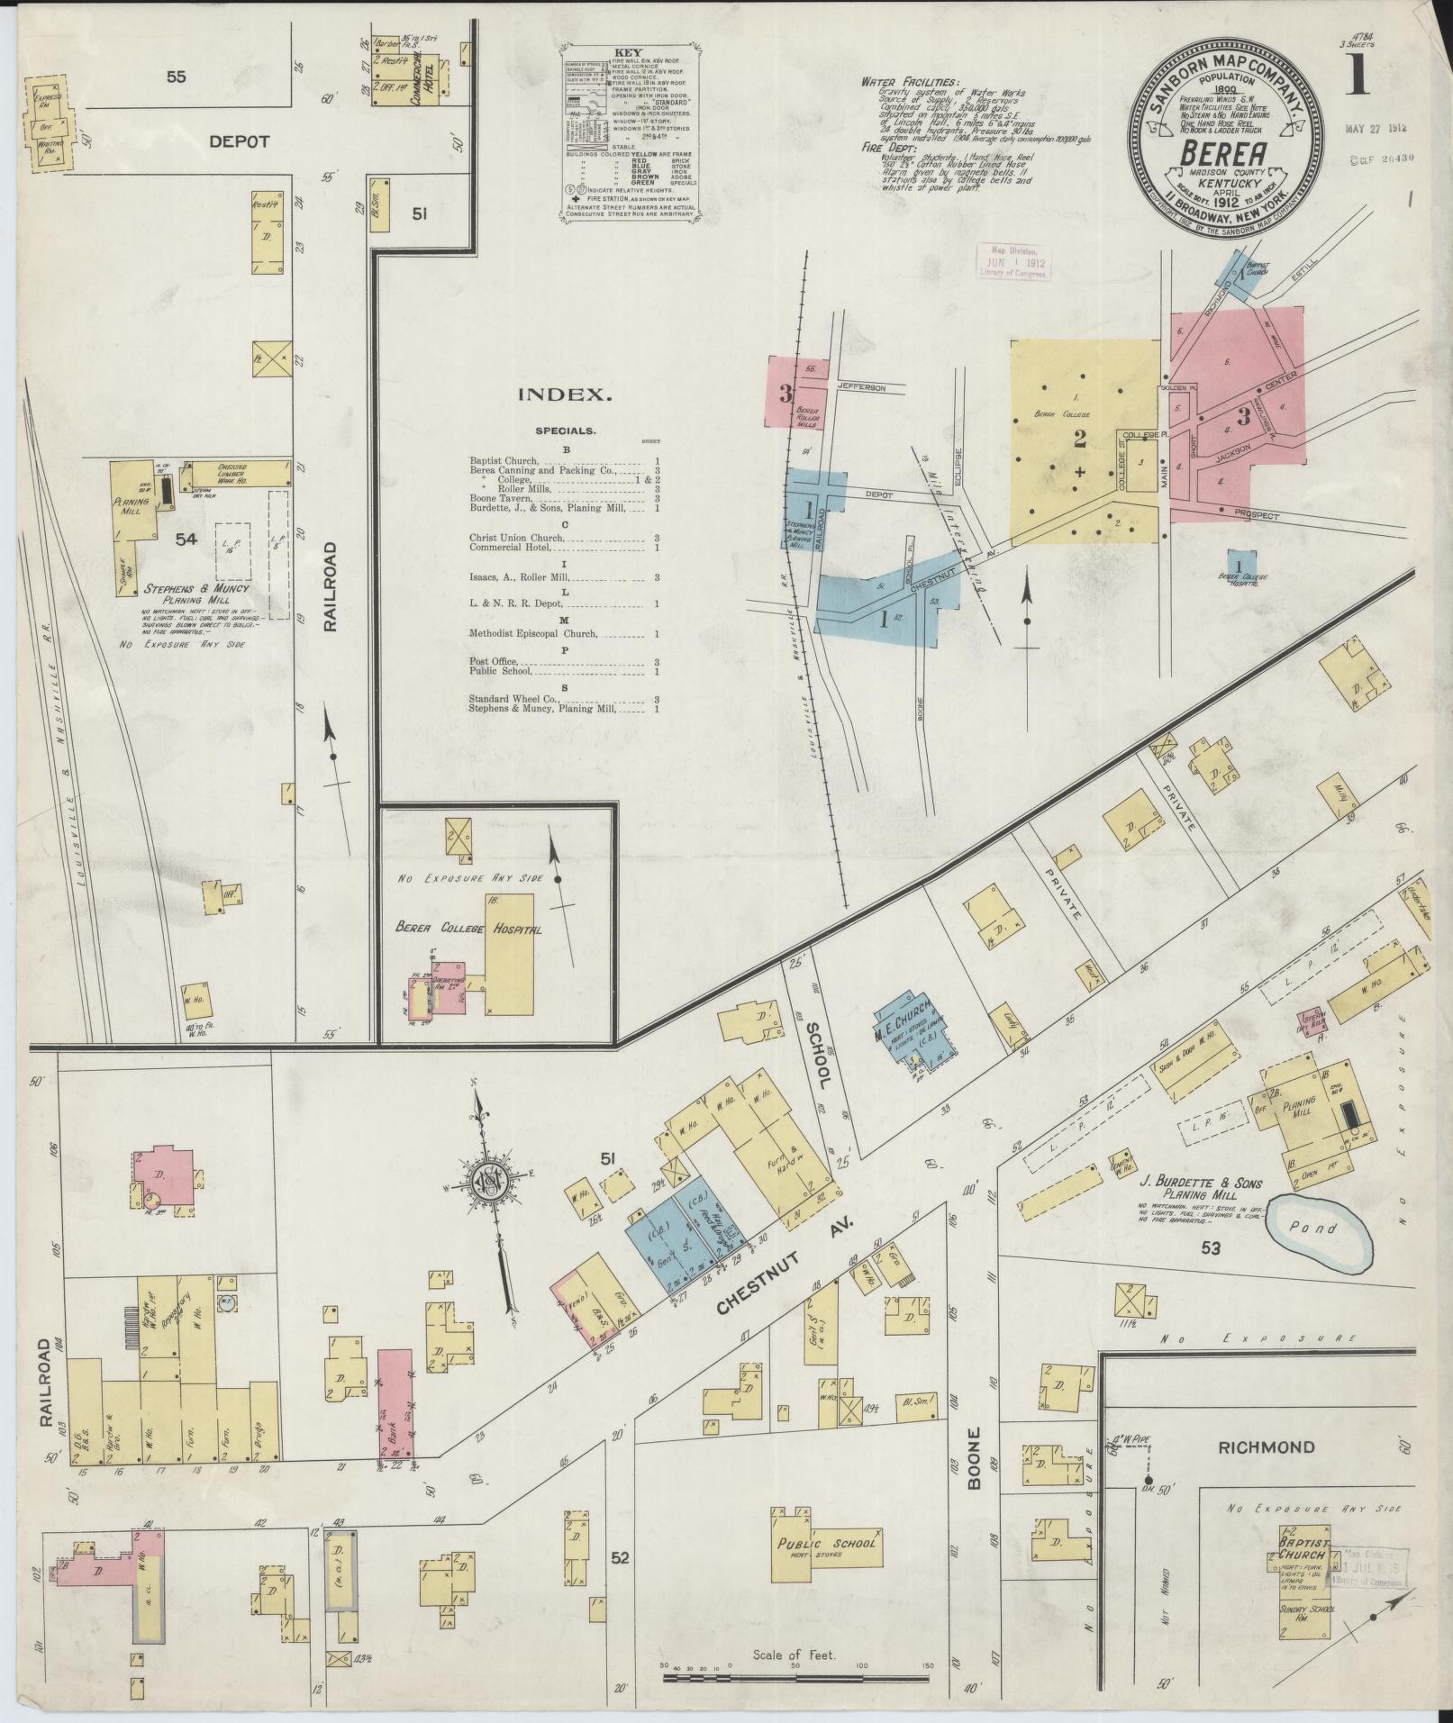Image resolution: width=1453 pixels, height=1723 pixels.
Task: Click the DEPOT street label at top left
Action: (x=240, y=142)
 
